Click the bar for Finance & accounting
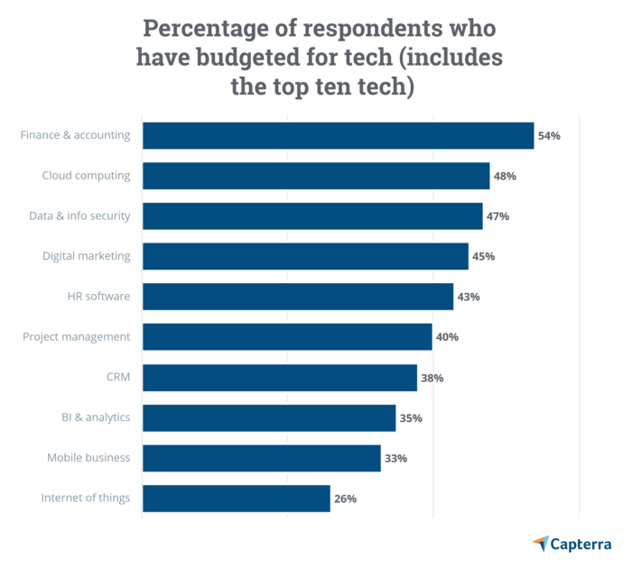tap(338, 135)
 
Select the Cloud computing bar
tap(316, 176)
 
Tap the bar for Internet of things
tap(237, 499)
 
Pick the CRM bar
tap(280, 378)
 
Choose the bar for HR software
tap(298, 297)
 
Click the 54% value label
tap(549, 136)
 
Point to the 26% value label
tap(345, 499)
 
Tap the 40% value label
tap(447, 337)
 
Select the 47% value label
tap(497, 216)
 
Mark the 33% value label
tap(395, 458)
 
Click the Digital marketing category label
tap(86, 256)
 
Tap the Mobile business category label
tap(88, 458)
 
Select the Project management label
tap(77, 336)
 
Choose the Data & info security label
tap(79, 215)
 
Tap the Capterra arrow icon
tap(541, 543)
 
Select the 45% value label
tap(483, 257)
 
